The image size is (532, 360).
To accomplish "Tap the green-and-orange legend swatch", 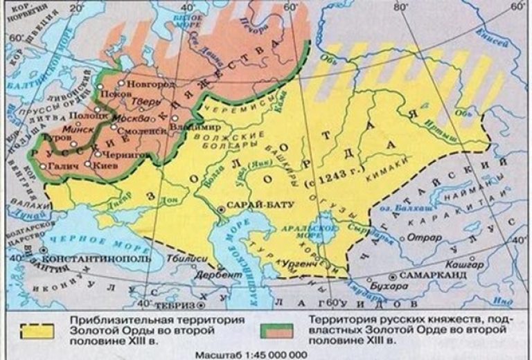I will pos(280,329).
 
